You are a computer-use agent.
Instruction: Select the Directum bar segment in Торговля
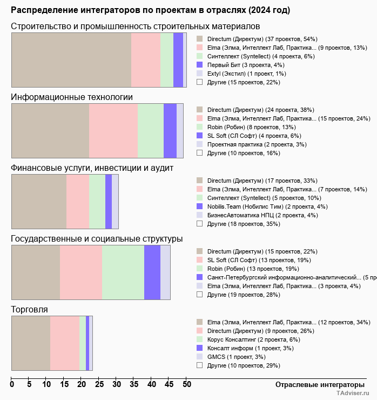tap(65, 343)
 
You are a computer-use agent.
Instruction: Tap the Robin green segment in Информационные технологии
tap(151, 131)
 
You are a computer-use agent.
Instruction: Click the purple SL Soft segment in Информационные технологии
tap(170, 131)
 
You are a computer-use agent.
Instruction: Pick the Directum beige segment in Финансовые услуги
tap(39, 202)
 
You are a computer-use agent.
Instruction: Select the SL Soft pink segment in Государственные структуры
tap(81, 272)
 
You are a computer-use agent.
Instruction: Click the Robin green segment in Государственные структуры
tap(123, 272)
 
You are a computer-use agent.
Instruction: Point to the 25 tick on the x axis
tap(99, 385)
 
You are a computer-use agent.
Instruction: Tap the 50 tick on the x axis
tap(186, 385)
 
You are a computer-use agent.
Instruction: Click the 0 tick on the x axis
tap(12, 385)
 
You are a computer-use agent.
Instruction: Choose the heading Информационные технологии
tap(72, 97)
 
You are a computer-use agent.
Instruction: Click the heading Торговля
tap(29, 310)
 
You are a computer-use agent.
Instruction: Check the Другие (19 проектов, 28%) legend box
tap(200, 295)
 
